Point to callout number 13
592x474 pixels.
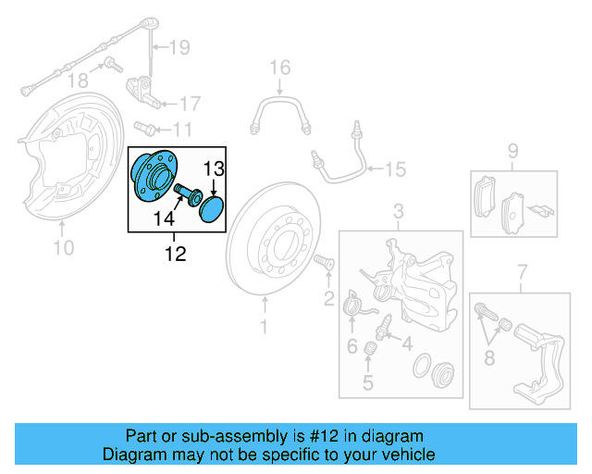[214, 168]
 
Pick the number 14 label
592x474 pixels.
[164, 218]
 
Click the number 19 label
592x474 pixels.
[179, 46]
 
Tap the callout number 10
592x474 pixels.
[62, 246]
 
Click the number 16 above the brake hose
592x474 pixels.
[279, 68]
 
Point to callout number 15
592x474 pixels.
[395, 168]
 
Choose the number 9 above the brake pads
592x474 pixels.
[512, 151]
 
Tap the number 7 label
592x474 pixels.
[522, 270]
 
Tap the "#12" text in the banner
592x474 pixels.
[323, 436]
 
